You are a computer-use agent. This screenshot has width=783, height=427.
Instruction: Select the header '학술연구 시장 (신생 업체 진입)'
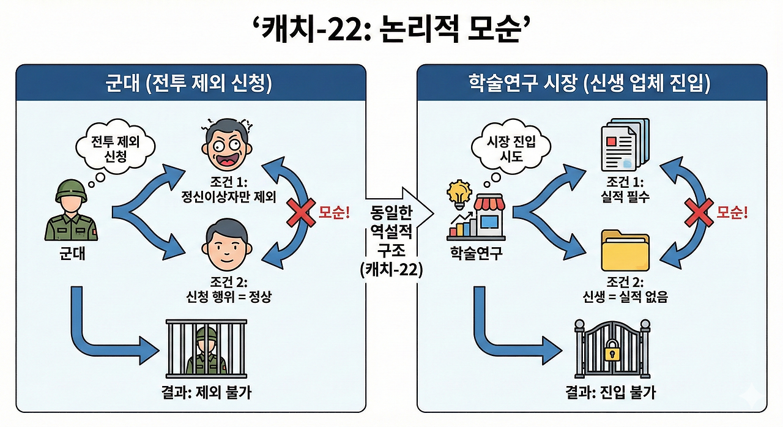pyautogui.click(x=592, y=83)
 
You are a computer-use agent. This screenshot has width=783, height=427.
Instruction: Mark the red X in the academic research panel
pyautogui.click(x=696, y=212)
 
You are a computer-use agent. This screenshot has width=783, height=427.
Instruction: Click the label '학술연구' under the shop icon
pyautogui.click(x=476, y=253)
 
